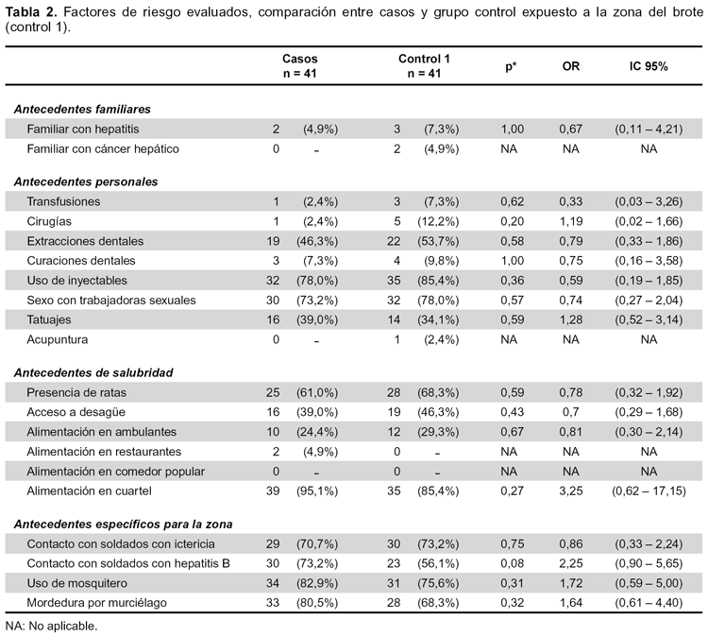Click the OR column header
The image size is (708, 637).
point(571,66)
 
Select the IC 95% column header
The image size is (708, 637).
point(649,66)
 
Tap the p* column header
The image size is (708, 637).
point(511,67)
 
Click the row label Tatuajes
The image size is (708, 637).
point(49,320)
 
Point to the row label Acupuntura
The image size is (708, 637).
point(58,339)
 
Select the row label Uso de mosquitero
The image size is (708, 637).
point(76,583)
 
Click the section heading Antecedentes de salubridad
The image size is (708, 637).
point(93,372)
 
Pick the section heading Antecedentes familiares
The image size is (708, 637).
point(82,110)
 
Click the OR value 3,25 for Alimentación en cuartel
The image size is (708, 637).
point(571,491)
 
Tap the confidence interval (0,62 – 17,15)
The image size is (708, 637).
point(649,491)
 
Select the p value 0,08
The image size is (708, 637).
point(512,564)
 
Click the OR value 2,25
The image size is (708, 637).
point(571,564)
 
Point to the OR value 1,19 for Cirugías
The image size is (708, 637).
point(571,221)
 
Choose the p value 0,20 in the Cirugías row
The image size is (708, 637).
point(512,221)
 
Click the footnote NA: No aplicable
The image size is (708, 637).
point(52,627)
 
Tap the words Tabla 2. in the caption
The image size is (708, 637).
point(31,12)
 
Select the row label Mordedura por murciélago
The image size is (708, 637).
point(96,603)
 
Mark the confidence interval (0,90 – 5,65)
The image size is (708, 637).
point(649,564)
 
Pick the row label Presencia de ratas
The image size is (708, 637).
point(76,392)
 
